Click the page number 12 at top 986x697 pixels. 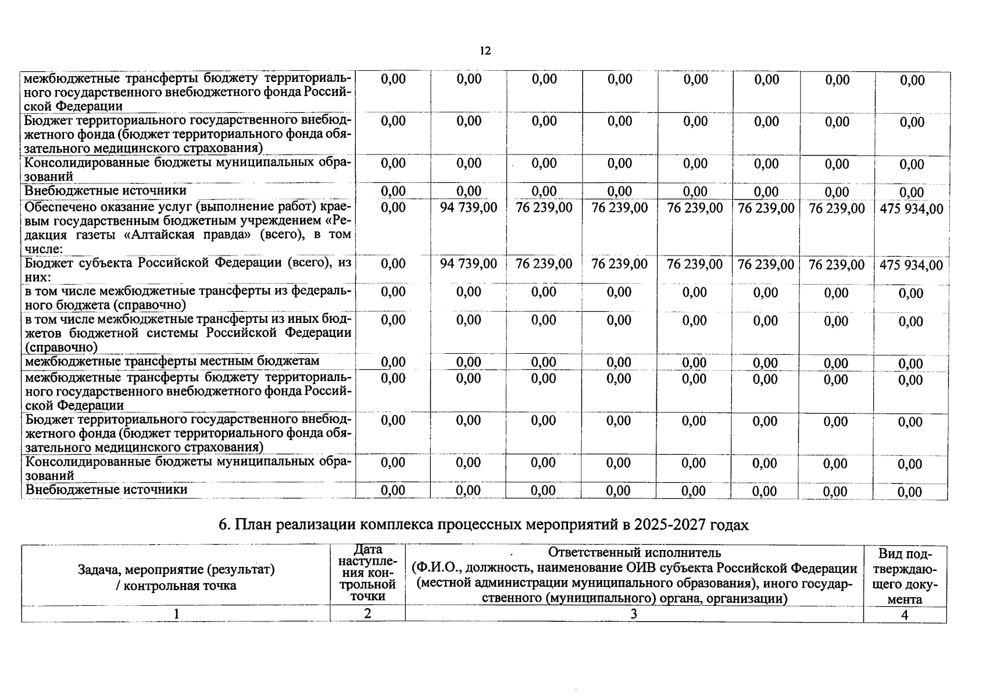pos(485,51)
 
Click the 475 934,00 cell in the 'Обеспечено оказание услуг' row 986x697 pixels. pos(911,209)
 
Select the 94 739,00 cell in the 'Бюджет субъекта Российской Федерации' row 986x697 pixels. pos(469,264)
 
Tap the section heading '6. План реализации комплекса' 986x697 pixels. pos(484,525)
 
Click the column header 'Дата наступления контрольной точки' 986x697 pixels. pos(367,573)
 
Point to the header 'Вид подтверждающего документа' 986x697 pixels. pos(905,576)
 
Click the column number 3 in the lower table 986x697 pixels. pos(634,614)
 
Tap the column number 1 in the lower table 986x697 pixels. pos(176,614)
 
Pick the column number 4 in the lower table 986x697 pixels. pos(905,615)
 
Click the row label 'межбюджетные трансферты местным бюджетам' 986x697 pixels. pos(172,361)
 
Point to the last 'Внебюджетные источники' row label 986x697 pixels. pos(106,490)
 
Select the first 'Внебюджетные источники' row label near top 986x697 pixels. pos(105,191)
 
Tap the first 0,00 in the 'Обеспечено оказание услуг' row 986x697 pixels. pos(393,208)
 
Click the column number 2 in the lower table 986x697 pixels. pos(367,613)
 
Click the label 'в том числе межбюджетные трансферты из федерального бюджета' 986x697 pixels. pos(188,297)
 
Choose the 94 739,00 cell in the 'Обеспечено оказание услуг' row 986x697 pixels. pos(469,208)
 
